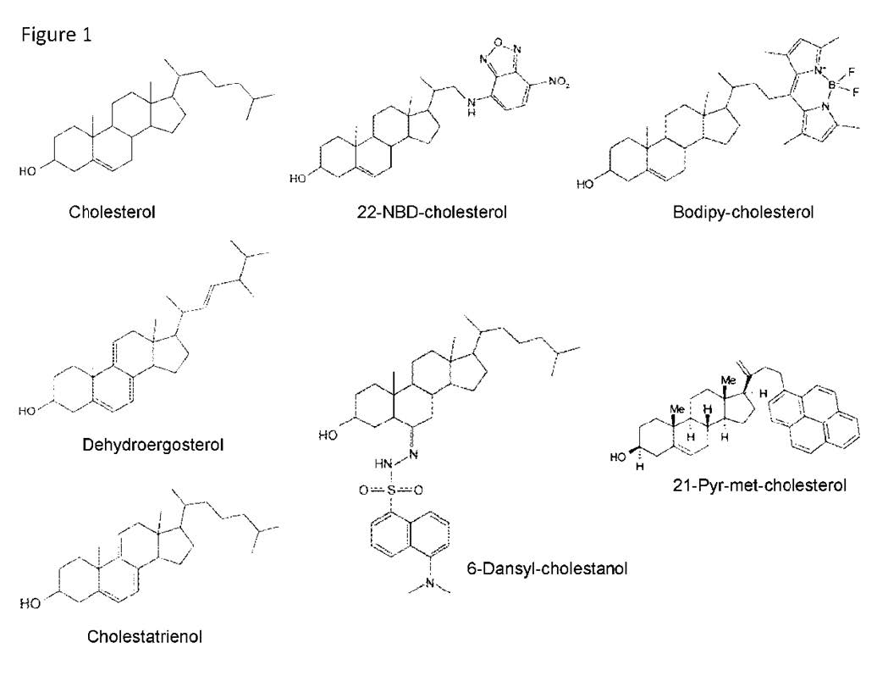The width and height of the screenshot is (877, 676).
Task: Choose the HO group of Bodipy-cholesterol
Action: (x=586, y=182)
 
